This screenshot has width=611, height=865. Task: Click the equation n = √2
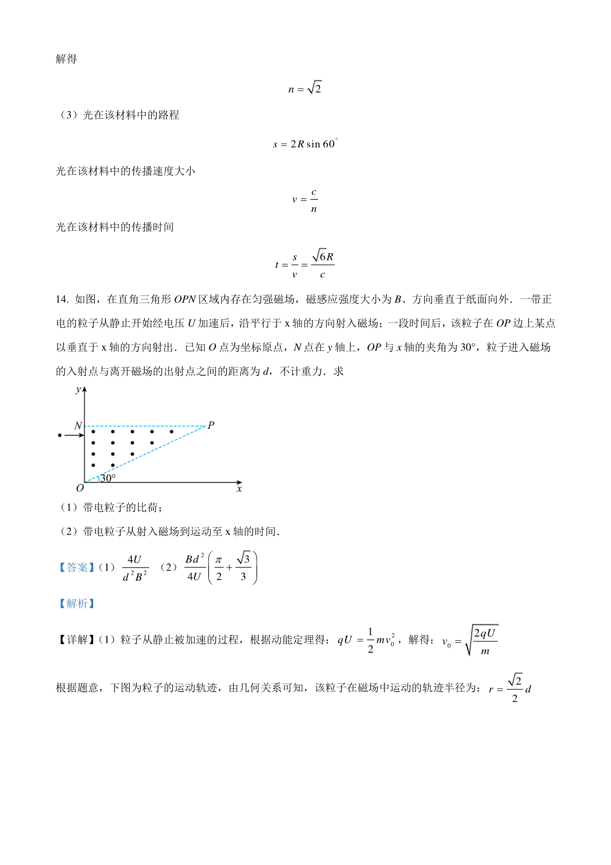pos(305,88)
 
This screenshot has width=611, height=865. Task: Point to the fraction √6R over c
pos(322,264)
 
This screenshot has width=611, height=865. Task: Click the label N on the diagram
pos(78,425)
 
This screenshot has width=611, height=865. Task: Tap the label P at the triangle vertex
pos(211,425)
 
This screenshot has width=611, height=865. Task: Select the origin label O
pos(79,489)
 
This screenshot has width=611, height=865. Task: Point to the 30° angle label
pos(107,478)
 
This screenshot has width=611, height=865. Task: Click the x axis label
pos(239,489)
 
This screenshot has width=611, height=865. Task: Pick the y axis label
pos(78,390)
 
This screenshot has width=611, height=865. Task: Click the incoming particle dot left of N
pos(60,435)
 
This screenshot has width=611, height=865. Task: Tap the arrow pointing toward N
pos(74,435)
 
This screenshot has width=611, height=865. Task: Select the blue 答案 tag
pos(77,567)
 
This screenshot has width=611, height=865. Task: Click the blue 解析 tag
pos(77,603)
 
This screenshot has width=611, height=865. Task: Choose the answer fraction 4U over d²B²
pos(135,568)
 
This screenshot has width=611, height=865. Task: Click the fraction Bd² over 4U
pos(195,567)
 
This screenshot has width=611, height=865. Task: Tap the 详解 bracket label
pos(77,640)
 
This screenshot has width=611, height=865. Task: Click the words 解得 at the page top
pos(66,59)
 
